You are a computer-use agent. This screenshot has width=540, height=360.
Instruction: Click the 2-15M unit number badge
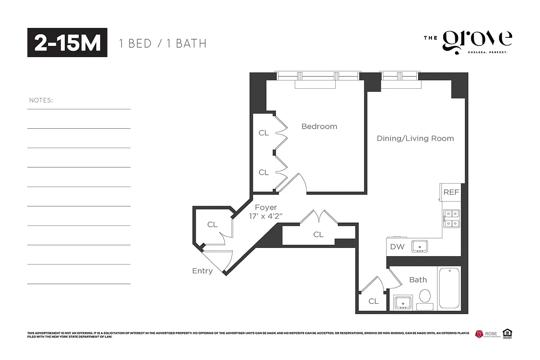click(67, 43)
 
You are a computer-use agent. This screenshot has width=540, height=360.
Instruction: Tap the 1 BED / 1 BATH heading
click(162, 44)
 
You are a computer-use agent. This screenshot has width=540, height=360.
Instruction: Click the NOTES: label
click(41, 100)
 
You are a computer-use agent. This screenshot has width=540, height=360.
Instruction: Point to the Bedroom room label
click(319, 126)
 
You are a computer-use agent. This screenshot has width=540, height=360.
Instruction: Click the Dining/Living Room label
click(415, 138)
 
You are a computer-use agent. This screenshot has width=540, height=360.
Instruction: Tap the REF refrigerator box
click(451, 192)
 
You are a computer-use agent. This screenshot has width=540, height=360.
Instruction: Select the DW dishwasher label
click(397, 247)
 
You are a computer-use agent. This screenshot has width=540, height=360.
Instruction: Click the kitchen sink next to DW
click(420, 246)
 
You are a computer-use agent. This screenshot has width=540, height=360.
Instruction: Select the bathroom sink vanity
click(402, 302)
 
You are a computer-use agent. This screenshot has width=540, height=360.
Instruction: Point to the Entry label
click(202, 271)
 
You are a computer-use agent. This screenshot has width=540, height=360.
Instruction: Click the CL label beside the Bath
click(373, 301)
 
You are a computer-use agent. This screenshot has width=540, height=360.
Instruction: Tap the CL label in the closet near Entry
click(212, 225)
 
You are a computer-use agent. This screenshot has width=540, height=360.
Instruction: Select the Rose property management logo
click(486, 334)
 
